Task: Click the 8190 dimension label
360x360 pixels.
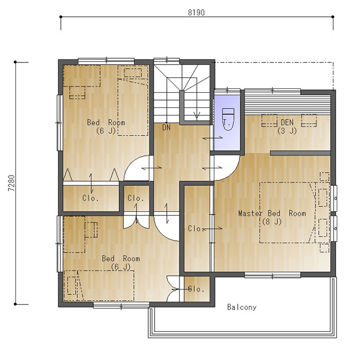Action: [x=196, y=12]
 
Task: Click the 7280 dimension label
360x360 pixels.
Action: [x=12, y=183]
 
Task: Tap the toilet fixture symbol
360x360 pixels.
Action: [x=228, y=119]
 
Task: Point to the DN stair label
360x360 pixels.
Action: [x=166, y=128]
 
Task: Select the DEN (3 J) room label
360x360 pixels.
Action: [x=287, y=127]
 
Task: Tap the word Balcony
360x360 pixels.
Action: [x=242, y=307]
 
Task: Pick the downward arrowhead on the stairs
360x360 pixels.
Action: [x=197, y=115]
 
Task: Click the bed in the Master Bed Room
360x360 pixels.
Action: [x=287, y=213]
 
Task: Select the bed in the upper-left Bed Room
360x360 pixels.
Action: [x=133, y=101]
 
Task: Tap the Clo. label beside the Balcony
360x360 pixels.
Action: [x=196, y=289]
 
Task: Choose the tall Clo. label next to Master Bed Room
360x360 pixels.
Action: [x=195, y=229]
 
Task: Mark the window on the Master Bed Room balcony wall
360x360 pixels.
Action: [x=273, y=275]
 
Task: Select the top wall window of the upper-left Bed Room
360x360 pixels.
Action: [x=106, y=61]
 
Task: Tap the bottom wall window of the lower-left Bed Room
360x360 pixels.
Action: [x=121, y=305]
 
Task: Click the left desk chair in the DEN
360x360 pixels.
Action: [x=269, y=121]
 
